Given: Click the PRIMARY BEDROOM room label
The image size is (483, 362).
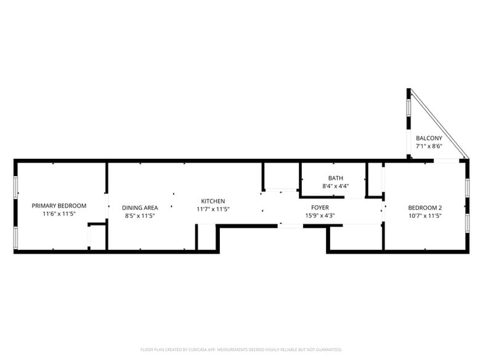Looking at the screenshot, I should tap(59, 206).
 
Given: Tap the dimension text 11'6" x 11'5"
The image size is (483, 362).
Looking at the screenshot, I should tap(59, 214).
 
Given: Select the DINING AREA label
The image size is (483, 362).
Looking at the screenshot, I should tap(140, 207).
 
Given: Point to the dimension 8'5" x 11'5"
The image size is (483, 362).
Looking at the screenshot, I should tap(140, 216).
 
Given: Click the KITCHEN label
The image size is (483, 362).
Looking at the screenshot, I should tap(213, 201).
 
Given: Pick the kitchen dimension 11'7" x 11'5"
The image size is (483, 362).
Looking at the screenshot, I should tap(213, 209).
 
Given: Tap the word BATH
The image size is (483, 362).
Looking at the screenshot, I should tap(336, 178).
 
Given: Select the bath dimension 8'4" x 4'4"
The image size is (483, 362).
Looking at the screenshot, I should tap(336, 186).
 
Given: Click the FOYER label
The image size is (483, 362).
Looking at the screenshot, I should tap(320, 207).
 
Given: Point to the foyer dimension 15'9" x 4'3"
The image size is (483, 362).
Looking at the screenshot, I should tap(320, 215).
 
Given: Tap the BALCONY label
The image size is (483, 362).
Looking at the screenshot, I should tap(429, 139).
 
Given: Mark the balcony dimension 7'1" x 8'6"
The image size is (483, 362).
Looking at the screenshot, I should tap(429, 147).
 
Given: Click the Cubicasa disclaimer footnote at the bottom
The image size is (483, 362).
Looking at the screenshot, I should tap(241, 349).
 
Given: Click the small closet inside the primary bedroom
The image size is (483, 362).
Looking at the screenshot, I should tap(97, 237).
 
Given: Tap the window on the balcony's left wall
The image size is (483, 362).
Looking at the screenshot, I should tap(408, 113).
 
